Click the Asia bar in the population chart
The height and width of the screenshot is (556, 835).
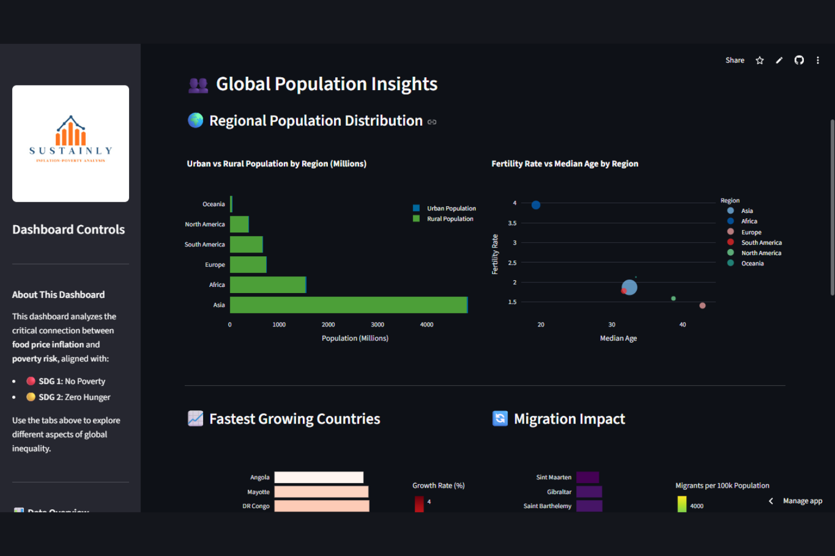point(348,305)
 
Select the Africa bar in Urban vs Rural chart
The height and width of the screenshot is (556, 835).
point(268,285)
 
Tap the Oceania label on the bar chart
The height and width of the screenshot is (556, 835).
point(214,204)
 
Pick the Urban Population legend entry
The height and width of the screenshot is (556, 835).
point(451,209)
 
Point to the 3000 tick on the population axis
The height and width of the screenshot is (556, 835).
point(377,325)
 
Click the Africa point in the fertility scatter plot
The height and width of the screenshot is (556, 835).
point(536,205)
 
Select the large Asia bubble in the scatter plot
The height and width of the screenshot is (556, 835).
point(630,287)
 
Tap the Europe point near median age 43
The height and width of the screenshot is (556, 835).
point(703,306)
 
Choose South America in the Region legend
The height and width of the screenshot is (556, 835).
point(761,242)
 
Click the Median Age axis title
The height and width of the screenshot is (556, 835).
point(618,338)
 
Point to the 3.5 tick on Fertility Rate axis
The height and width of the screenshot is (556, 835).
point(512,223)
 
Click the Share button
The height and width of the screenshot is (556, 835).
point(735,60)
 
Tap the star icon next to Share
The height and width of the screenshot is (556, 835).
point(760,60)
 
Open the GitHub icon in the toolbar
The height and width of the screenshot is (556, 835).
point(799,60)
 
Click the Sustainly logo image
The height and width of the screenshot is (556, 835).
point(71,143)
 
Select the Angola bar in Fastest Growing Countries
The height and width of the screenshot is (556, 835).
point(319,477)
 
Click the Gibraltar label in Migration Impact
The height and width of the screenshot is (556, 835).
point(559,492)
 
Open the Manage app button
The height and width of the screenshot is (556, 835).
point(802,501)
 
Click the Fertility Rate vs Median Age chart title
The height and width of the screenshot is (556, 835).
point(564,163)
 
